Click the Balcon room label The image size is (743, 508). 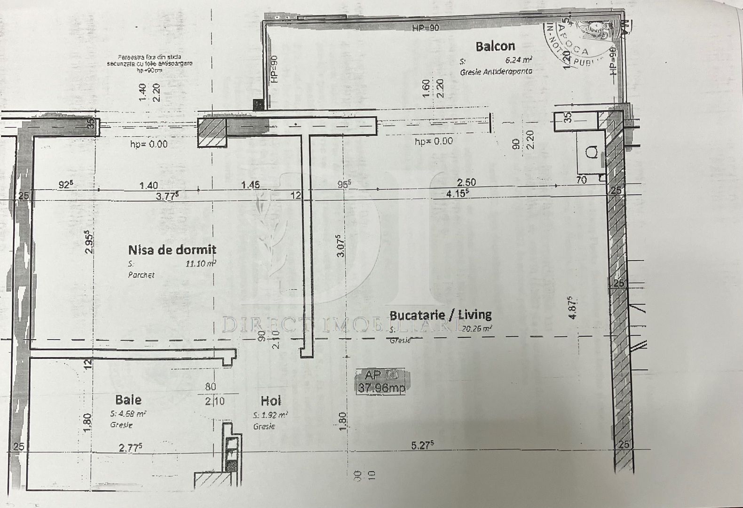pos(495,46)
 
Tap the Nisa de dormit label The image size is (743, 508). pos(172,249)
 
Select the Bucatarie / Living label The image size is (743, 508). pos(441,314)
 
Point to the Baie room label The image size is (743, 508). pos(128,400)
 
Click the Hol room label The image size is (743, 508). pos(271,401)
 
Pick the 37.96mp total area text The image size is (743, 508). pos(381,388)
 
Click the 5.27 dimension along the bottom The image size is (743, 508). pos(422,445)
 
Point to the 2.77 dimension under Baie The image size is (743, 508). pos(131,447)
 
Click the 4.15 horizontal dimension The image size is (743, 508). pos(458,193)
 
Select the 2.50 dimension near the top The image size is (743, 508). pos(466,182)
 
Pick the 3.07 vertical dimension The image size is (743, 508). pos(341,246)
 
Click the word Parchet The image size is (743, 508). pos(141,275)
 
